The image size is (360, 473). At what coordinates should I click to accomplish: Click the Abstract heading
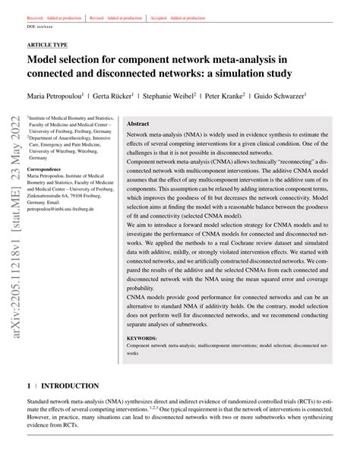pos(137,123)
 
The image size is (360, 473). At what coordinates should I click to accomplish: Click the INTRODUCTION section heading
pos(71,386)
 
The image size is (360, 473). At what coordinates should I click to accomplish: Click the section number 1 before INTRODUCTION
pos(29,386)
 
